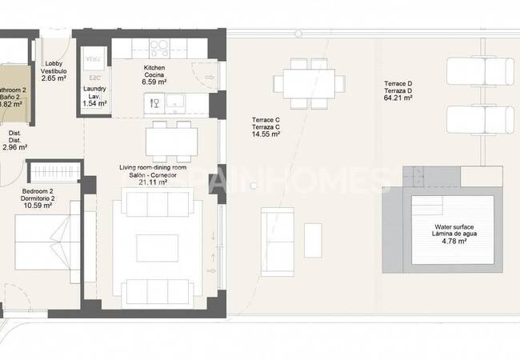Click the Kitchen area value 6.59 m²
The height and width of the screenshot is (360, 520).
pyautogui.click(x=154, y=82)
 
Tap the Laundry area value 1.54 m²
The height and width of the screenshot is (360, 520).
pyautogui.click(x=94, y=104)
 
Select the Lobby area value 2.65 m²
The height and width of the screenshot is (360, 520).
pyautogui.click(x=54, y=78)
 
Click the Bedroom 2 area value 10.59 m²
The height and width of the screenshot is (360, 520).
pyautogui.click(x=37, y=206)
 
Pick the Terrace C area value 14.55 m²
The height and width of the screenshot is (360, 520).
pyautogui.click(x=265, y=134)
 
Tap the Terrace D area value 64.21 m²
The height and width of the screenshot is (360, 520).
pyautogui.click(x=398, y=99)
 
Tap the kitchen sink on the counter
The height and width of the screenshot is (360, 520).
pyautogui.click(x=176, y=103)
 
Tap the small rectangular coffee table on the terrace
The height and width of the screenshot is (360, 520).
pyautogui.click(x=313, y=240)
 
